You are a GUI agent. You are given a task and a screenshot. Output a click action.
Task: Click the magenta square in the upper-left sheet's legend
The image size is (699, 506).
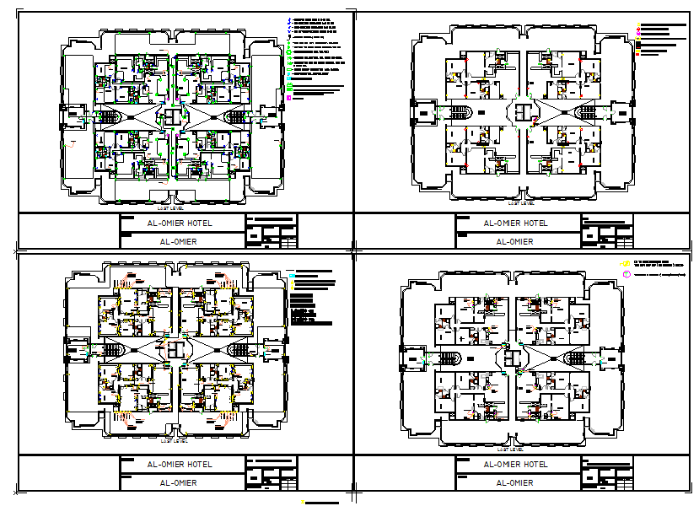click(289, 99)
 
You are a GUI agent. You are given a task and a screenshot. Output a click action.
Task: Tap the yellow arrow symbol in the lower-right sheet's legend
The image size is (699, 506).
click(626, 263)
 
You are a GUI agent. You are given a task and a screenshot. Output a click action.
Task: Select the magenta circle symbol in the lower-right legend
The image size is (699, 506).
click(626, 274)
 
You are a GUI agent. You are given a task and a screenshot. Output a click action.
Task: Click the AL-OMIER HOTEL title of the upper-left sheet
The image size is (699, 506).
click(179, 223)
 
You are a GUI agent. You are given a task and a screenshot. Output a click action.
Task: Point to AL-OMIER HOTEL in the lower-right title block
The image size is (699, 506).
click(514, 465)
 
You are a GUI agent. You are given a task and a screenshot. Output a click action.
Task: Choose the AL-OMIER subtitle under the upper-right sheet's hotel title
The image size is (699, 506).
click(514, 241)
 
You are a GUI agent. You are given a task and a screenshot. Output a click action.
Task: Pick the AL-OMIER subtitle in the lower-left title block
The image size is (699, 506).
click(179, 482)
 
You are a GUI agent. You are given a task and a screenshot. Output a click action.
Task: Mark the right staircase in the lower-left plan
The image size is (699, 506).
click(239, 349)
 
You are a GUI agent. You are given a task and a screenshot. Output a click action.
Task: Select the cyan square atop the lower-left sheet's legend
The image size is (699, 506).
click(291, 276)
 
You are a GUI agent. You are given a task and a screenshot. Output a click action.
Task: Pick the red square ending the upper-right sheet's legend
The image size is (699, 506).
click(639, 54)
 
